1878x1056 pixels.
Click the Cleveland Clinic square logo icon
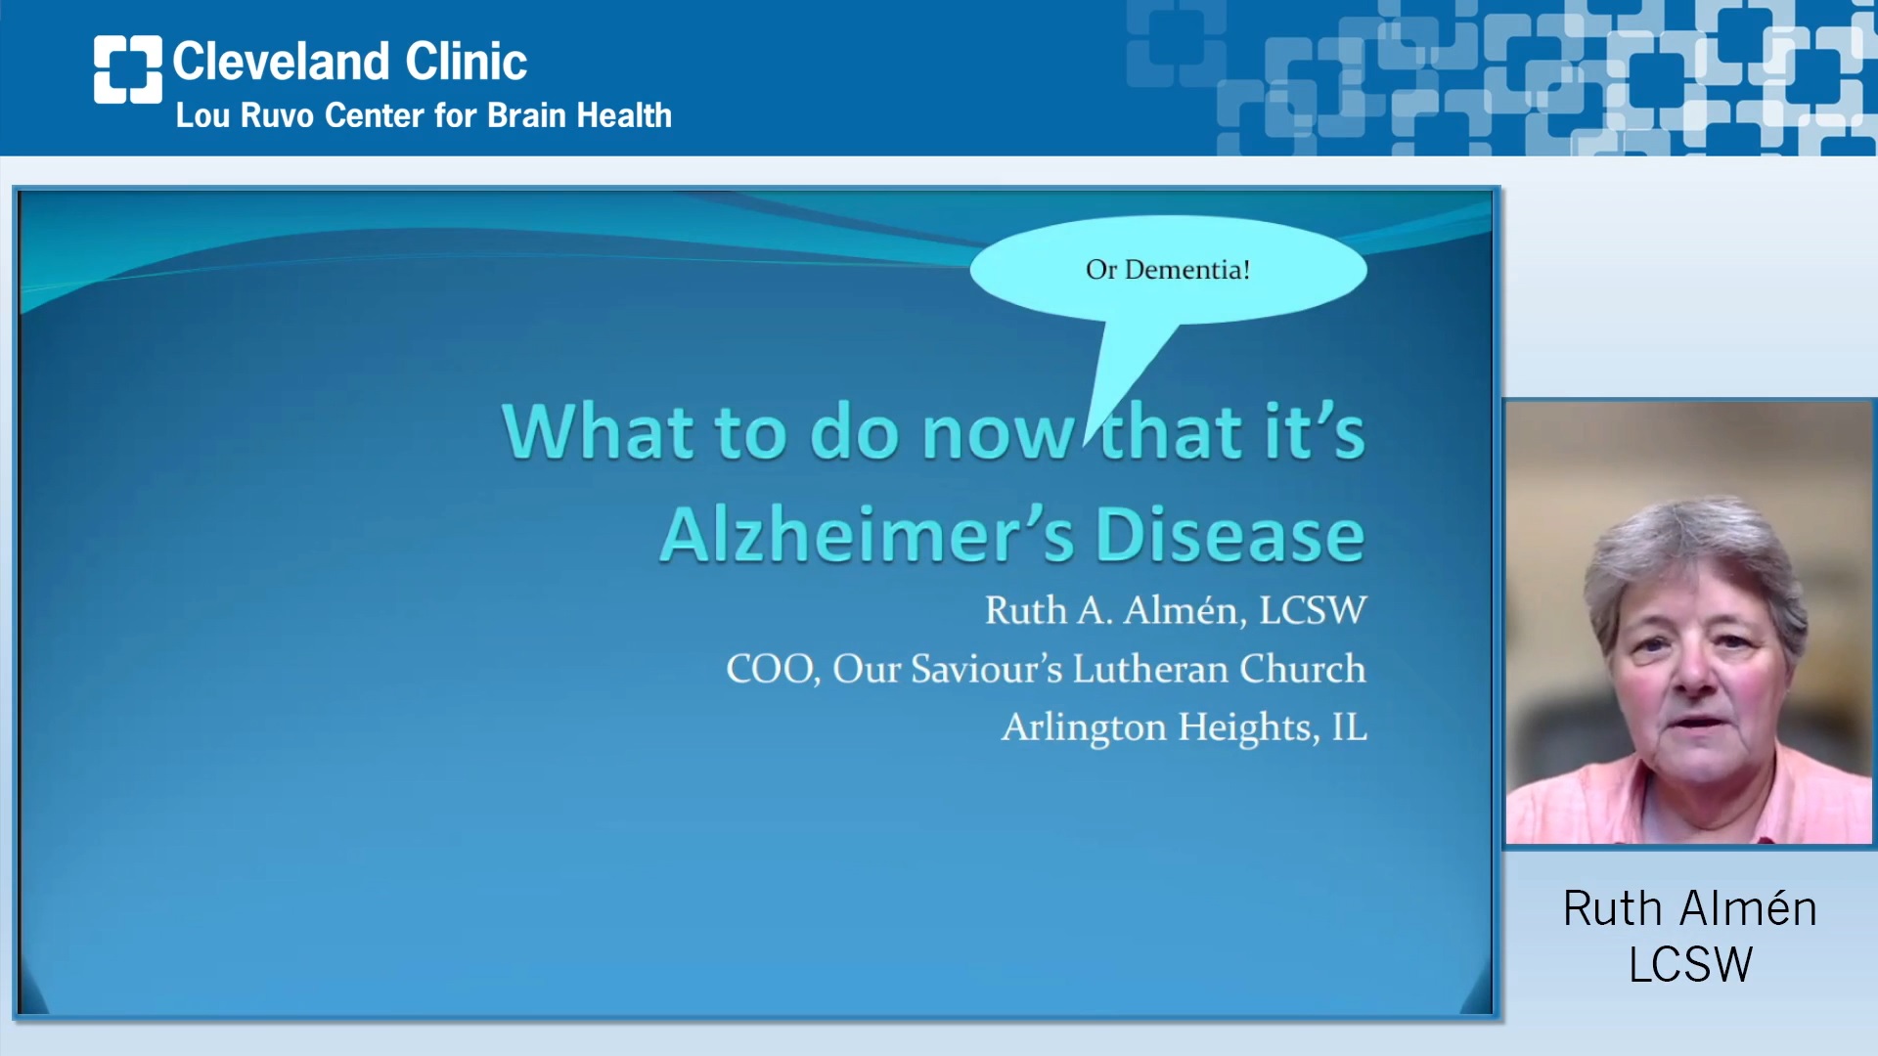click(128, 69)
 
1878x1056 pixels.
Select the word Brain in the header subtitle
click(527, 115)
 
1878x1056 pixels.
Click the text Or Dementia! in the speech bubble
click(1168, 270)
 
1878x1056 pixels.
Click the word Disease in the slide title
click(1230, 535)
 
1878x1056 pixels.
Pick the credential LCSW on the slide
click(1313, 610)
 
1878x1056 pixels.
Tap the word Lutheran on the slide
click(1150, 669)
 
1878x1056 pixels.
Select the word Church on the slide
click(1303, 669)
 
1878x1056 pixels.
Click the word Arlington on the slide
click(1085, 728)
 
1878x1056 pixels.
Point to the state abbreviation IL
click(1350, 727)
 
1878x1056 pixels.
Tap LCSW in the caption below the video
click(1690, 964)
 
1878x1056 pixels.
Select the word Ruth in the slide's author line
click(1026, 610)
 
